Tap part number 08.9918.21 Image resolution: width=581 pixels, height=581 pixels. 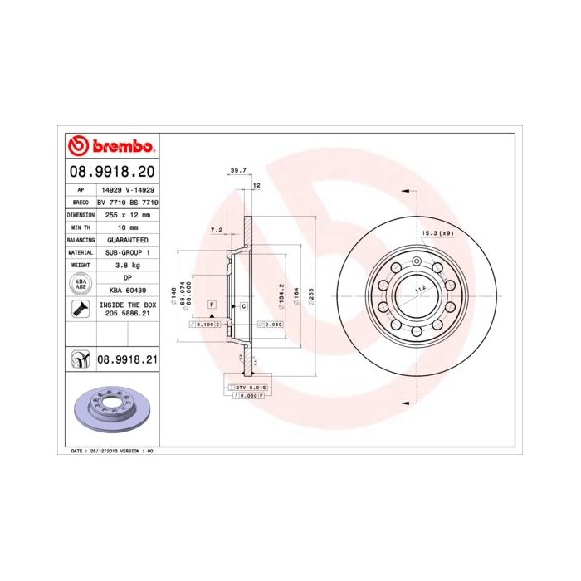pyautogui.click(x=127, y=360)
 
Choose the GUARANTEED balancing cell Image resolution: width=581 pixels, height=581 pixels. pyautogui.click(x=128, y=238)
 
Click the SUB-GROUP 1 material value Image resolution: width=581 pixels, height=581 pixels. pyautogui.click(x=128, y=251)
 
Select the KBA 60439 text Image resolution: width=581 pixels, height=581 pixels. pyautogui.click(x=128, y=290)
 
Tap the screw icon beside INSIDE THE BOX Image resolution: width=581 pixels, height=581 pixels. pyautogui.click(x=81, y=310)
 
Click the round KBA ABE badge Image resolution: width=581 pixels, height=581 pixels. pyautogui.click(x=81, y=283)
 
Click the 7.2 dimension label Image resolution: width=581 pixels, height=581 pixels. pyautogui.click(x=217, y=229)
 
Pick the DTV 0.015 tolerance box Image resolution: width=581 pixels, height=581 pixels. pyautogui.click(x=250, y=388)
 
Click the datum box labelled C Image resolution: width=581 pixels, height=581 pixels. pyautogui.click(x=244, y=307)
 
